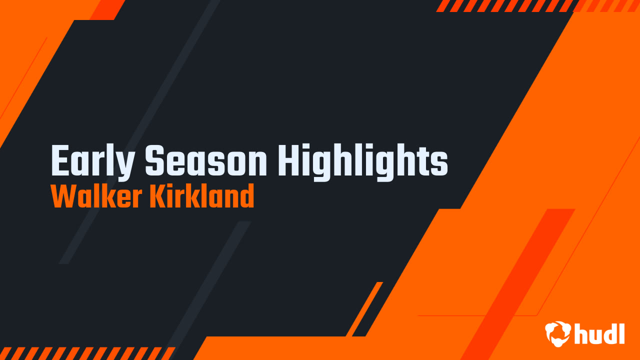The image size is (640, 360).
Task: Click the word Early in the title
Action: point(93,161)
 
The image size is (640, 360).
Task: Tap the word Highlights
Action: point(362,161)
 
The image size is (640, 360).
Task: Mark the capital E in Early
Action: point(59,161)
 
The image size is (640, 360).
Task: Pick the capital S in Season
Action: point(154,161)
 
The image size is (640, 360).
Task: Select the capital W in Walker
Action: point(61,196)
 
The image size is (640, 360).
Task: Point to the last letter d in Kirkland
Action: point(247,196)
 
